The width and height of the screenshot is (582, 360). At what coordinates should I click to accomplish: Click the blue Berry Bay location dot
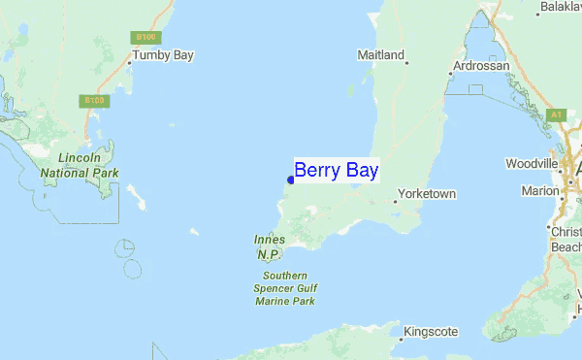click(291, 180)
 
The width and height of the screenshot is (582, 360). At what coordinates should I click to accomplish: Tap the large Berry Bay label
click(337, 171)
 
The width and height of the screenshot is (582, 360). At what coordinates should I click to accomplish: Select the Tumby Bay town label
click(163, 55)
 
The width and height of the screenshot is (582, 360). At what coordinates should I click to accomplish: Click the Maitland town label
click(380, 55)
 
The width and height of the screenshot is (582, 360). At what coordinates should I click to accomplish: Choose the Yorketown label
click(427, 194)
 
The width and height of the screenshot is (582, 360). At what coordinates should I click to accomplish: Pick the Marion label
click(539, 191)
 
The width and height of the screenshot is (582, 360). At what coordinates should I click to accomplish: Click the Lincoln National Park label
click(80, 165)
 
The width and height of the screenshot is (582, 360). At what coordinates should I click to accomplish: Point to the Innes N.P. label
click(268, 246)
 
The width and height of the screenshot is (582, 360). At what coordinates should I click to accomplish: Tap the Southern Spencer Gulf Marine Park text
click(285, 288)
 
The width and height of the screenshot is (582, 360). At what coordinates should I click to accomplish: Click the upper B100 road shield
click(145, 37)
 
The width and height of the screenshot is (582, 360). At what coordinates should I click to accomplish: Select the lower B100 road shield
click(93, 100)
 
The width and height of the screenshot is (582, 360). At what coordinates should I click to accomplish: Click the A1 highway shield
click(556, 115)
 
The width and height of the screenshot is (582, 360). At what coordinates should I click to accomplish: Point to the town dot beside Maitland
click(407, 63)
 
